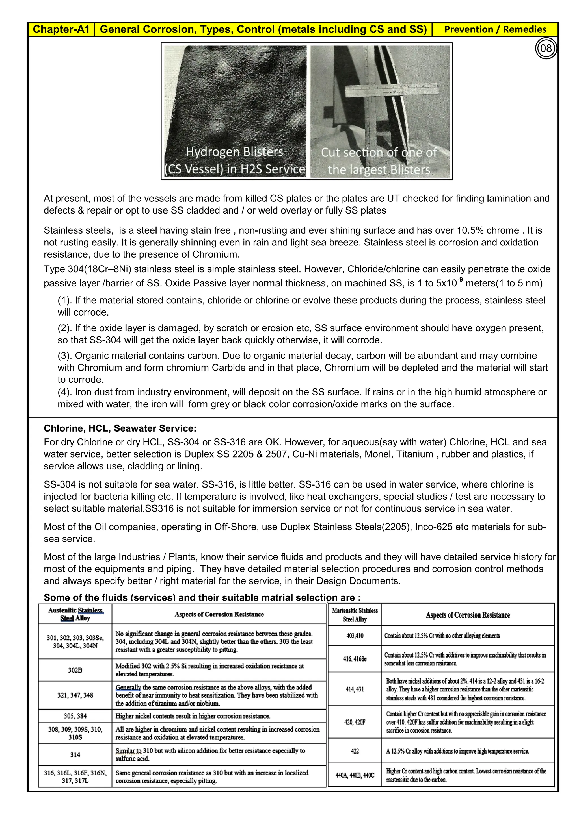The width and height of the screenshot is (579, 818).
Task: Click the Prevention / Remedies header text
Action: point(495,29)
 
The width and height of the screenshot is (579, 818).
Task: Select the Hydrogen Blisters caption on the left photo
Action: point(235,160)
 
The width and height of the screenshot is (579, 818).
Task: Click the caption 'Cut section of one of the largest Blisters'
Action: point(379,161)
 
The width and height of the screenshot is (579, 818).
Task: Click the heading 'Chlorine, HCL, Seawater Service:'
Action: point(120,428)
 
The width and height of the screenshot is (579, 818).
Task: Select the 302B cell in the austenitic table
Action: point(75,670)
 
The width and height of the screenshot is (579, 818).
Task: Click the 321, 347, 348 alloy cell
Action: point(75,695)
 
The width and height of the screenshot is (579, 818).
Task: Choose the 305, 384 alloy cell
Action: point(75,716)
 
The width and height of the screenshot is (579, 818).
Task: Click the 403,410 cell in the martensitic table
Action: point(355,636)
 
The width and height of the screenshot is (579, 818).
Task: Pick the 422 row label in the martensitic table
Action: point(355,751)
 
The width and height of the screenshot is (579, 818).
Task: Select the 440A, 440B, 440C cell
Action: point(355,775)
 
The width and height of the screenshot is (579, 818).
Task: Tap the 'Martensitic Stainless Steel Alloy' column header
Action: point(355,615)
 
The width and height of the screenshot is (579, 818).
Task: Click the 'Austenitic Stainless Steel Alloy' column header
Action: point(75,614)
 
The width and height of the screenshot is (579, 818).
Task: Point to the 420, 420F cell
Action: point(355,722)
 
